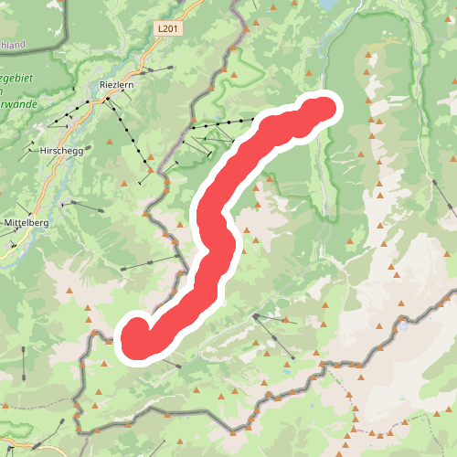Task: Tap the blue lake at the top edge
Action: point(327,4)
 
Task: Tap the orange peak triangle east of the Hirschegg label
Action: point(108,143)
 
